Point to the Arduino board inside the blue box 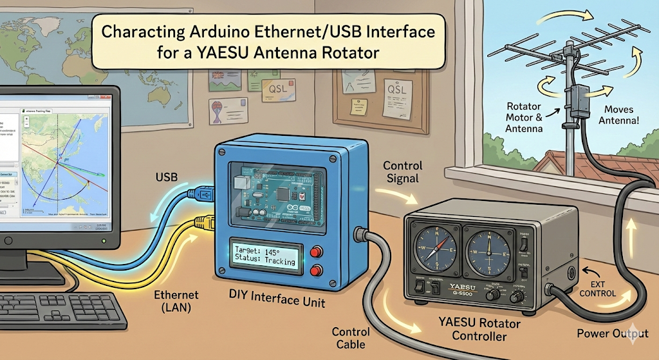pos(271,194)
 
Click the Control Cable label pos(351,338)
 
